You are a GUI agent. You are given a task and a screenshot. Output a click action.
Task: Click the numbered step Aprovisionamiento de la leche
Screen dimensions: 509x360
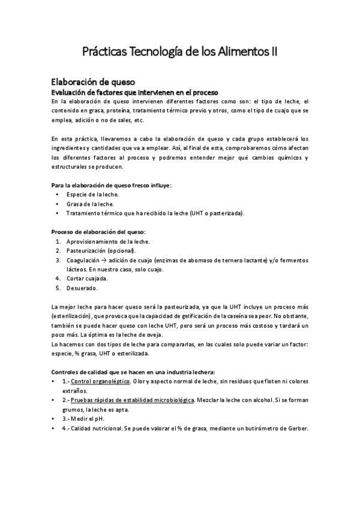pos(108,241)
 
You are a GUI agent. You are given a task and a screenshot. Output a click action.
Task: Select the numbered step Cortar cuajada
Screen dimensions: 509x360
pos(87,279)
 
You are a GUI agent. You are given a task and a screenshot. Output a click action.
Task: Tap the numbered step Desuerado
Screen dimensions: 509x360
pos(82,288)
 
